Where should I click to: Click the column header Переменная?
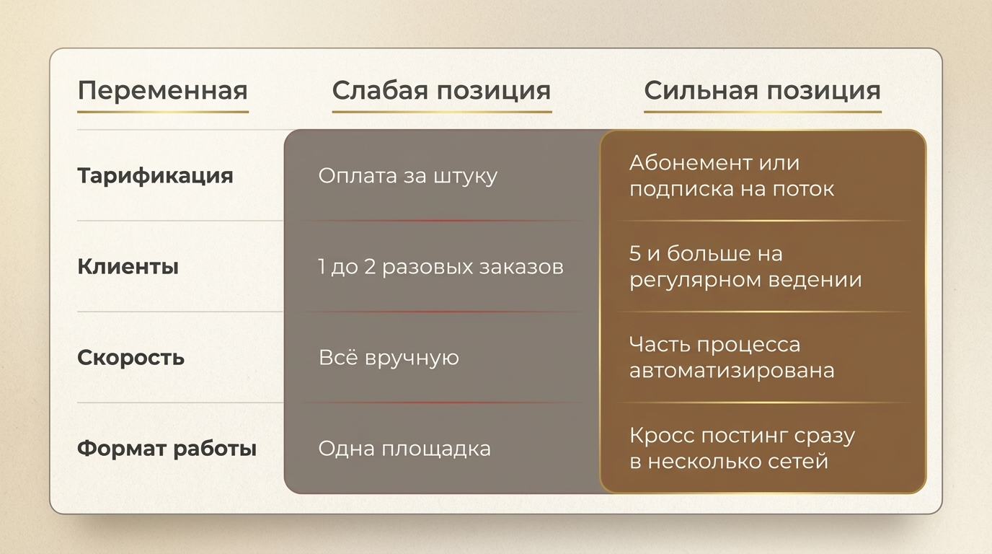162,91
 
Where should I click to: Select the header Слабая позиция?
441,92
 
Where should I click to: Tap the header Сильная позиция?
762,92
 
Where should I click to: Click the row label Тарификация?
155,176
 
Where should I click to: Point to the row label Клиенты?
128,267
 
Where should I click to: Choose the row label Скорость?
130,358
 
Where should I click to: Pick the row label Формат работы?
167,449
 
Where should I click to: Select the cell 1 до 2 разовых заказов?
440,267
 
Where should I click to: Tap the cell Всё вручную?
389,358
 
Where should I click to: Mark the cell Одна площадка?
404,449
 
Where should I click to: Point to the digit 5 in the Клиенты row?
635,253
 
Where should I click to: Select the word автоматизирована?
732,371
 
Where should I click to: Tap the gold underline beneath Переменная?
163,112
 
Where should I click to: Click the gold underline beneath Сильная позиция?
763,112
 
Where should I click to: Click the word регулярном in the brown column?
695,281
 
